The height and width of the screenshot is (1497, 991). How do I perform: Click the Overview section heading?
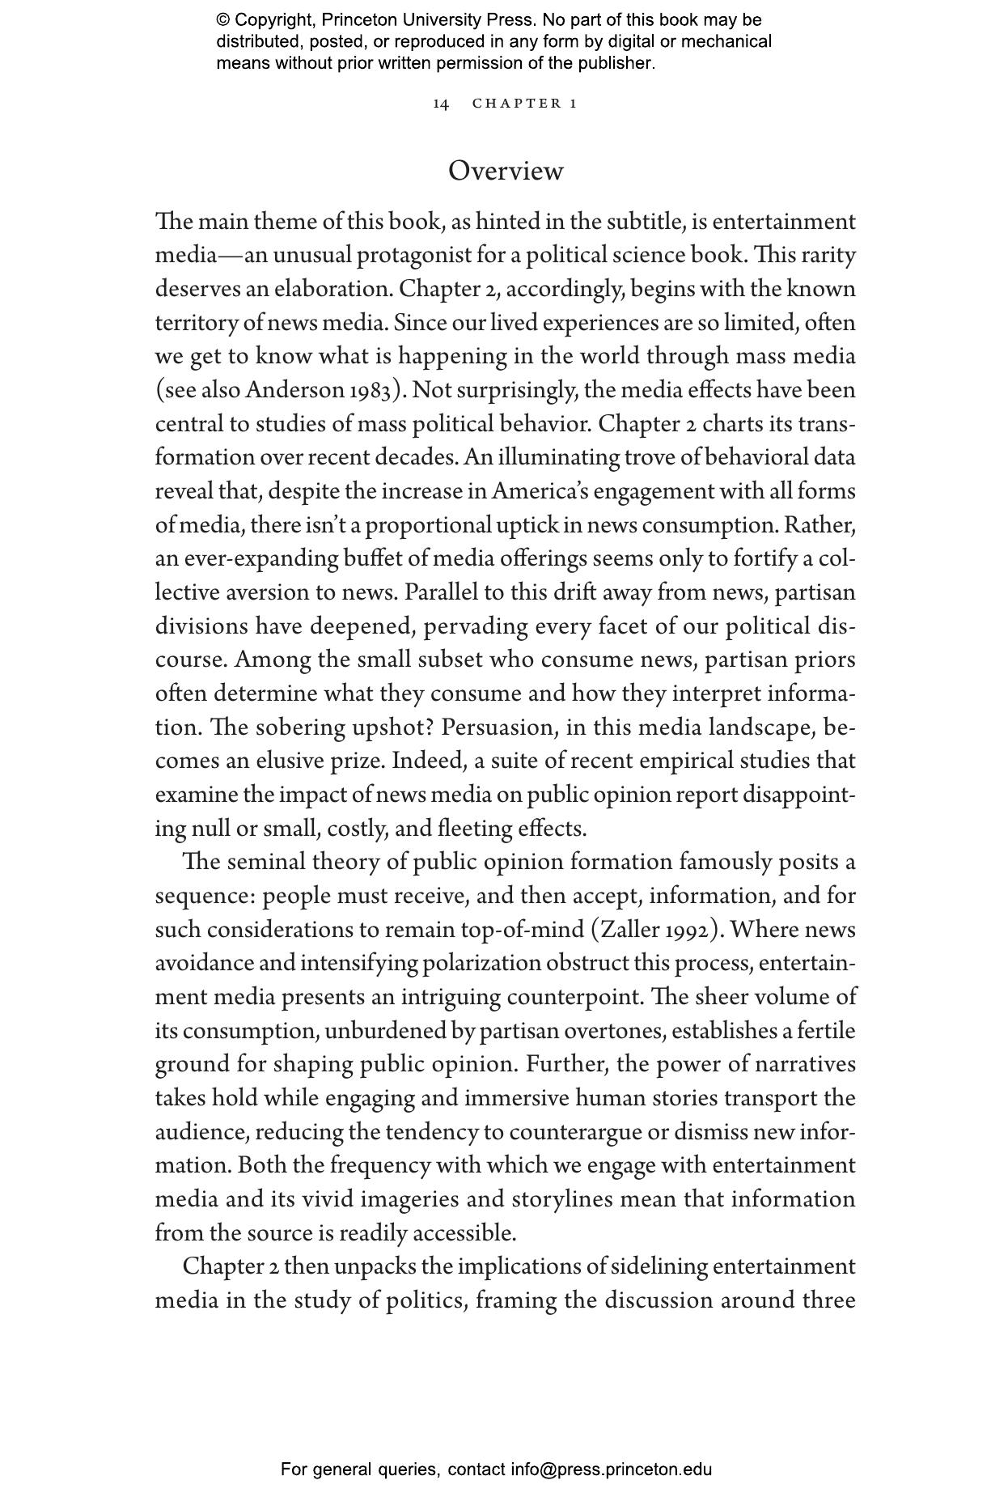[506, 171]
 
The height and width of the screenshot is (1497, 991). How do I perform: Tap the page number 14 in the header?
[441, 104]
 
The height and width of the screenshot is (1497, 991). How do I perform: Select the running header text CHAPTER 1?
[525, 104]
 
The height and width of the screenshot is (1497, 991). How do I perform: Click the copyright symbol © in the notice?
[223, 20]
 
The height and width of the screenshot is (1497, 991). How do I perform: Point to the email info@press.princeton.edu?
[611, 1469]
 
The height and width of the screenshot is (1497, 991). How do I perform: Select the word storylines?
[556, 1199]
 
